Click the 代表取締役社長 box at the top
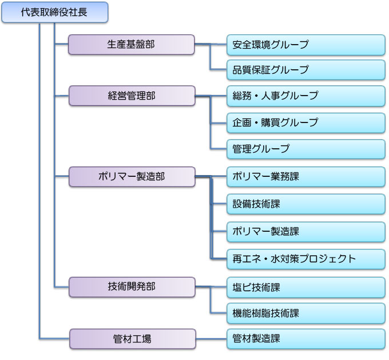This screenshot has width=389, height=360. [54, 13]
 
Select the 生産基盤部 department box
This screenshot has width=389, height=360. [132, 45]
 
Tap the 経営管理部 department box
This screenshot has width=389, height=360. [132, 96]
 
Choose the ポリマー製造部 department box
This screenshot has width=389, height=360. [132, 176]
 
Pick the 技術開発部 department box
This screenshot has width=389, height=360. [132, 287]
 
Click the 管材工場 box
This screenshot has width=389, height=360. [132, 339]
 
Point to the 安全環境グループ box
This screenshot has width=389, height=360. [305, 45]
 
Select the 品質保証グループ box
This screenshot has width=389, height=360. [305, 70]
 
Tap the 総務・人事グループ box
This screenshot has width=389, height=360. [305, 96]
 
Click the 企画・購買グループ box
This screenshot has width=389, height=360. [305, 122]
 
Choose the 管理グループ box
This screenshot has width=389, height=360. [305, 149]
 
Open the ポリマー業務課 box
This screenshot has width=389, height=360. [305, 176]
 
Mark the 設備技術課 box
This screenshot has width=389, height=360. [305, 204]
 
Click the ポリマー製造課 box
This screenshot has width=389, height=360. [305, 232]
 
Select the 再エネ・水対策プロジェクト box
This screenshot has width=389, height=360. [305, 259]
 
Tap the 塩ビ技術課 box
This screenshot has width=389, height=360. [305, 287]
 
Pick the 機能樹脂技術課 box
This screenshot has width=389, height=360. [305, 313]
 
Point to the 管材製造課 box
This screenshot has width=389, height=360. [305, 338]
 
